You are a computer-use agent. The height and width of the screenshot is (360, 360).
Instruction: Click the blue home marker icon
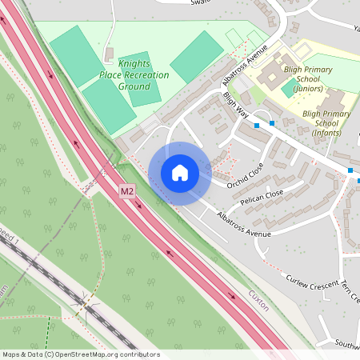180,173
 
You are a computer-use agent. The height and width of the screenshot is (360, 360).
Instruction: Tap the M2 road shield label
127,192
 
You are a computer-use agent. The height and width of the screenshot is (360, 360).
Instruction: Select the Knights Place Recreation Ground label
144,74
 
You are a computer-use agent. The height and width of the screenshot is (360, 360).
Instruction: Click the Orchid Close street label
244,178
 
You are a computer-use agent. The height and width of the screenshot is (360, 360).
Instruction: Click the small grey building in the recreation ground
108,54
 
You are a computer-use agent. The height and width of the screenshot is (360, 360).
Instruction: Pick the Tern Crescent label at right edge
349,293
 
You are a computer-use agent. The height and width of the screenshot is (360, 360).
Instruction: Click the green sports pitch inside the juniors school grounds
289,88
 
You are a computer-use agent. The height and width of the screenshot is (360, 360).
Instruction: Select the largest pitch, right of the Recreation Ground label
197,56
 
